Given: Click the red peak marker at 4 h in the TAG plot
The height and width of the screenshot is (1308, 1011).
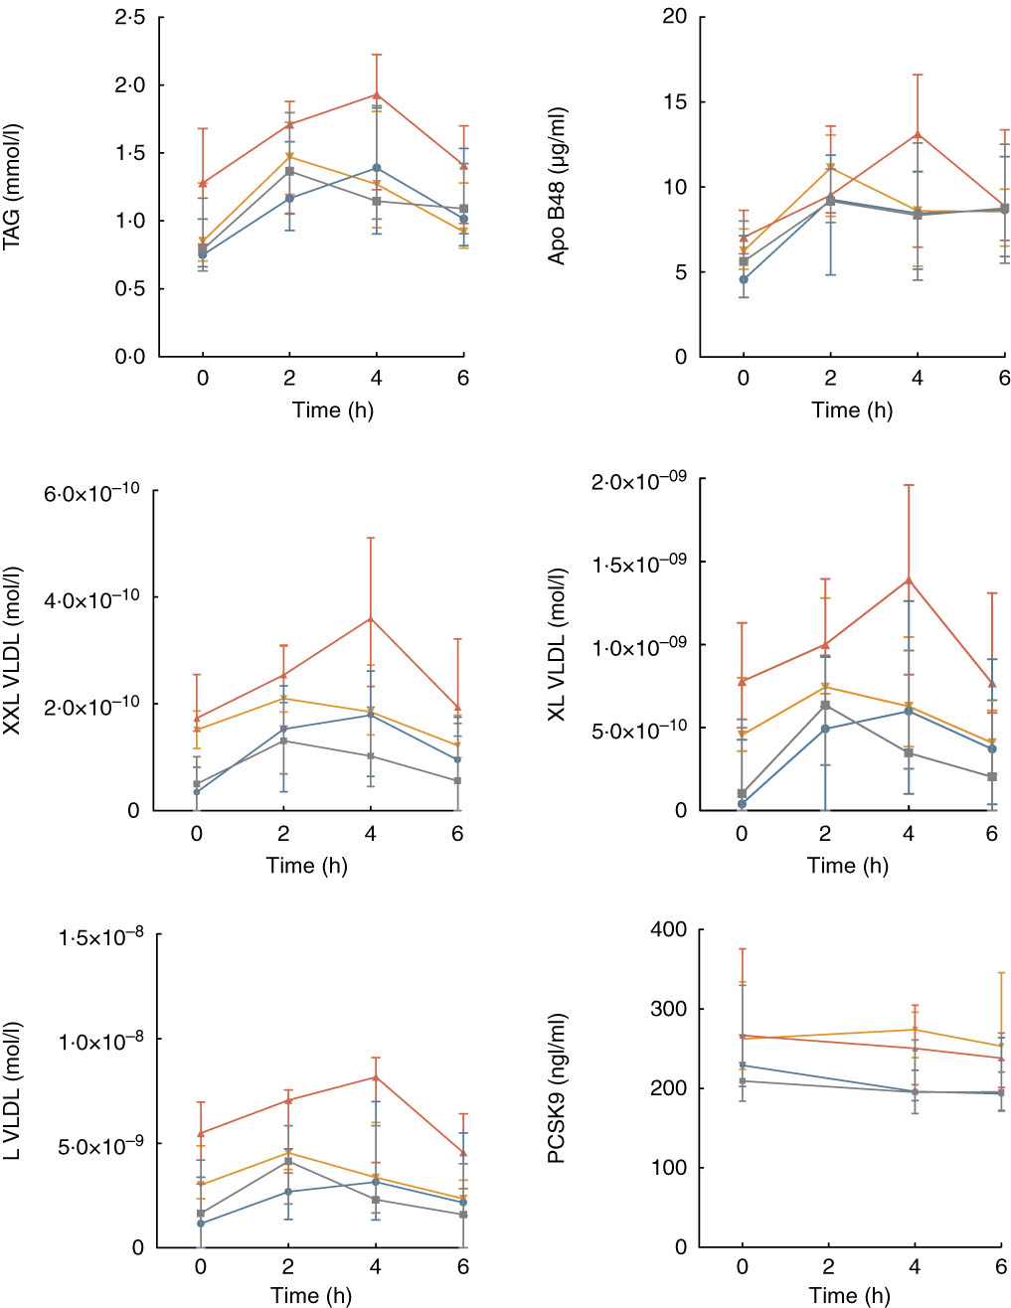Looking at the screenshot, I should point(376,95).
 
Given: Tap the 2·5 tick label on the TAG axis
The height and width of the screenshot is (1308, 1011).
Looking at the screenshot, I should point(129,18).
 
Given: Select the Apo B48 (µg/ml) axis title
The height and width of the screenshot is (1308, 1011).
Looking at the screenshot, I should point(558,187).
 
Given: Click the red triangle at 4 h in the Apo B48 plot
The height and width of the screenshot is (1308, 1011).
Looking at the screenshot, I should point(917,134).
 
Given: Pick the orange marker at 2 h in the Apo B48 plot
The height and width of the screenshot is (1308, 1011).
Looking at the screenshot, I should point(830,167).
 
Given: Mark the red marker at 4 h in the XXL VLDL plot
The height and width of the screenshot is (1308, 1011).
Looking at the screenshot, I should point(371,619).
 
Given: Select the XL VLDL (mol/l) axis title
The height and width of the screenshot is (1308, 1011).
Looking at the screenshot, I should point(558,643).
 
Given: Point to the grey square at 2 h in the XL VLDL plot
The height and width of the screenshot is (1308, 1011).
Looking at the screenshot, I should point(824,706).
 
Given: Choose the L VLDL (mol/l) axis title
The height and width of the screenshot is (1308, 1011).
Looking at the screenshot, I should point(13,1091).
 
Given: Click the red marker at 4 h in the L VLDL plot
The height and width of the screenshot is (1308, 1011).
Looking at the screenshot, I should point(375,1077).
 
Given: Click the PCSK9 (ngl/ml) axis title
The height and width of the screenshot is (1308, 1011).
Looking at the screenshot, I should point(558,1088).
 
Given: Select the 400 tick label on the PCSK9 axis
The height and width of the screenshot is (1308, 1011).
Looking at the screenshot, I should point(667,929).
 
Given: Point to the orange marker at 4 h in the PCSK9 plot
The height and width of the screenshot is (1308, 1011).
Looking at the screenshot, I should point(915,1030).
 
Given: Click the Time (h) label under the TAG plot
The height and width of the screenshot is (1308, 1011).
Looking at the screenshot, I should point(332,409).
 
